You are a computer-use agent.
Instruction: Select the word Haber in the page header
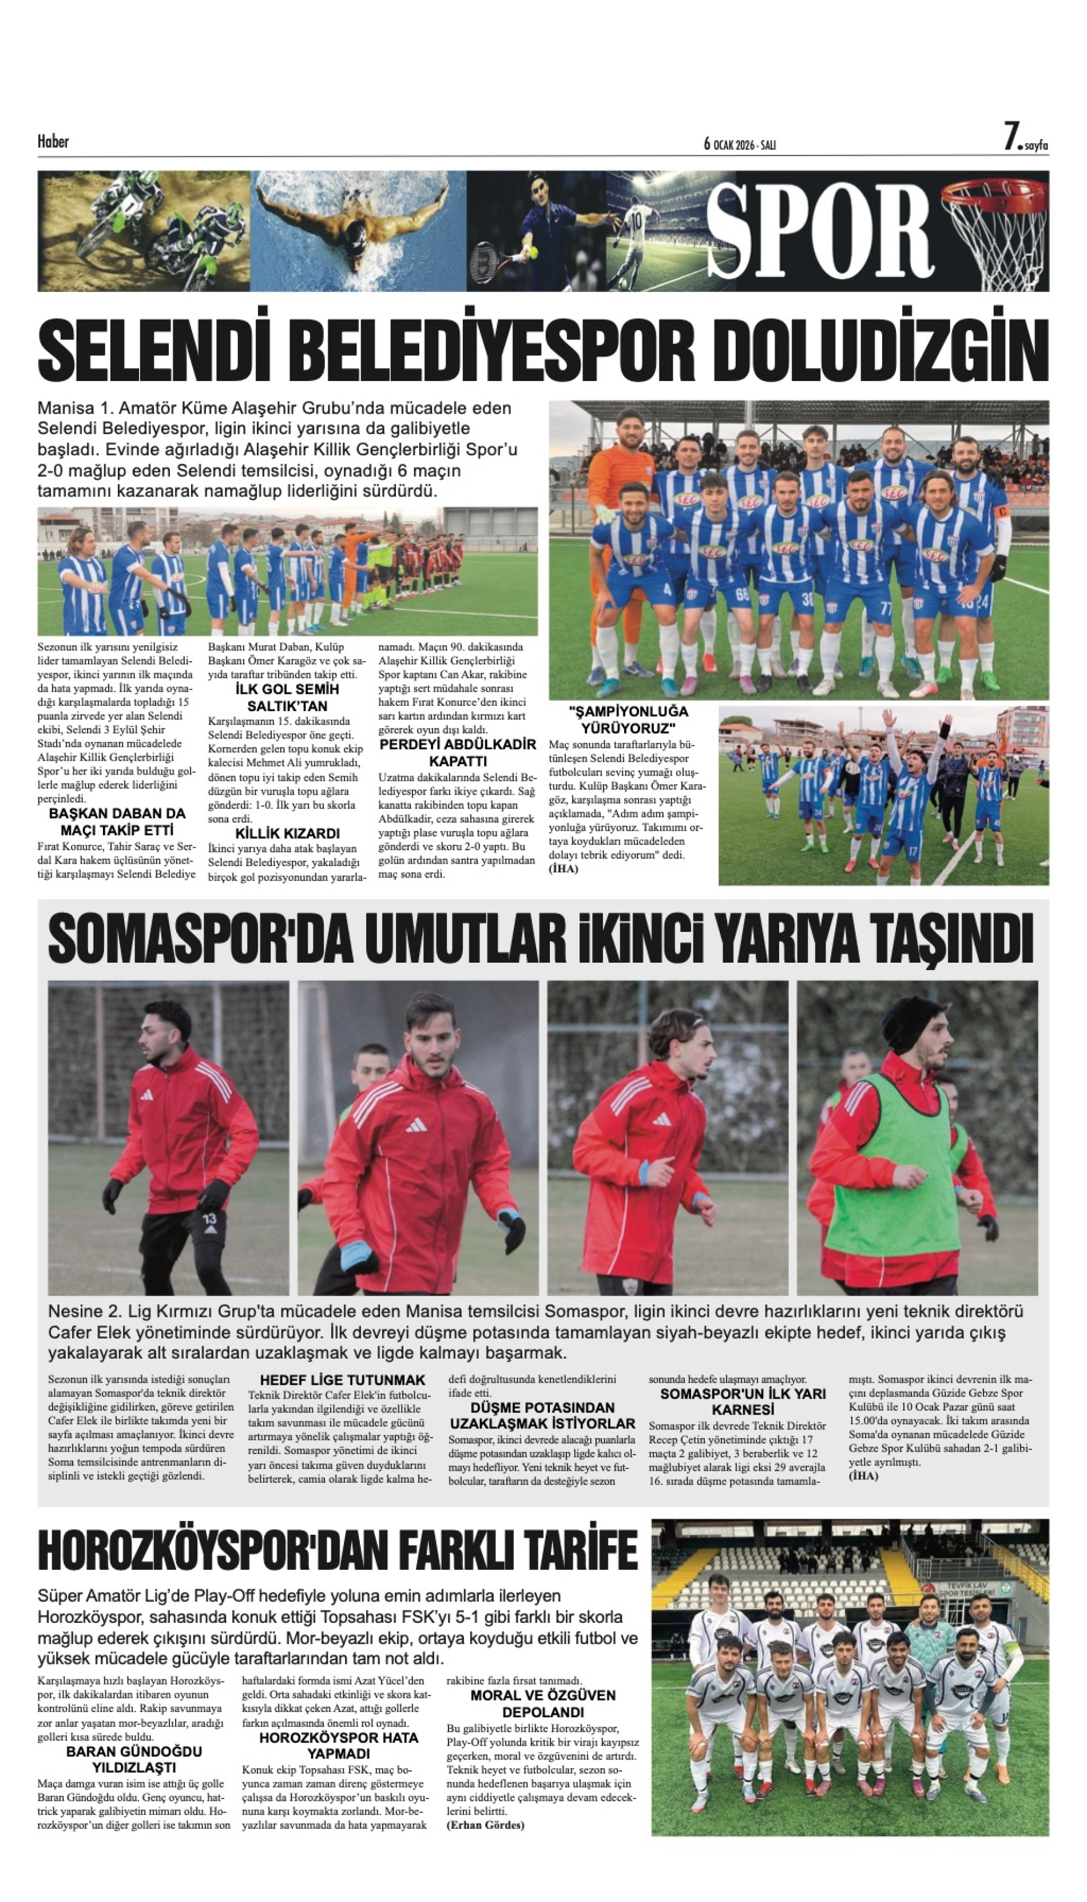(x=53, y=141)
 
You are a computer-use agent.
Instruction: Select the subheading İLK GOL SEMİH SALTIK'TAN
(x=287, y=697)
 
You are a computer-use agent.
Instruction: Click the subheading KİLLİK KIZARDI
(x=287, y=833)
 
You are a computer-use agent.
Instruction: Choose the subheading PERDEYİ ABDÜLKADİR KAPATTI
(x=458, y=752)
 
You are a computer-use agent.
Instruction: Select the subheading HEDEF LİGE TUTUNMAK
(x=342, y=1380)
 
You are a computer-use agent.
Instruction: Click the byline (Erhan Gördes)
(x=485, y=1824)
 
